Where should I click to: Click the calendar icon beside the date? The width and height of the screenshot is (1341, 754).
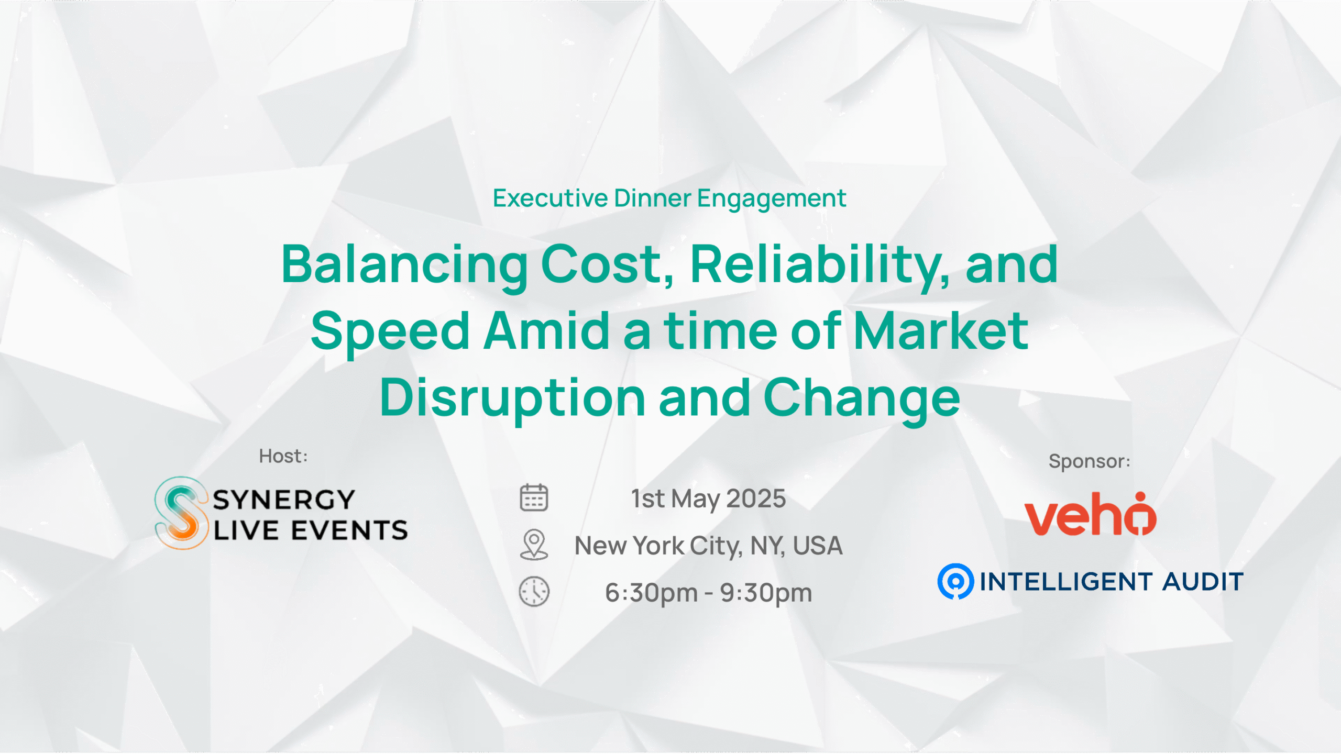click(534, 497)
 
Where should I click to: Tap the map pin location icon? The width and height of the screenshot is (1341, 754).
click(534, 545)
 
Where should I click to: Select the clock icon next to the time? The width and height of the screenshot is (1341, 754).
click(534, 592)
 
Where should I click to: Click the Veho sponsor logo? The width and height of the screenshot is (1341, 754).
click(1090, 514)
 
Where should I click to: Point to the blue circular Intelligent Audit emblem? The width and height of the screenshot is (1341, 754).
click(955, 581)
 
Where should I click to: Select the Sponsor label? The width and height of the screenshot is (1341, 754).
click(1090, 461)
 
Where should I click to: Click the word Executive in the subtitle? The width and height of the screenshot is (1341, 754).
click(551, 198)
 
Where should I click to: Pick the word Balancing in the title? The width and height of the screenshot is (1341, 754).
click(404, 265)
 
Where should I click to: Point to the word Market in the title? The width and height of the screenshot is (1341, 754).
click(941, 331)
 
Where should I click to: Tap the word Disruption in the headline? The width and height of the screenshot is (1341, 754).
click(512, 398)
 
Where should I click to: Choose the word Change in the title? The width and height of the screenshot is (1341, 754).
click(862, 398)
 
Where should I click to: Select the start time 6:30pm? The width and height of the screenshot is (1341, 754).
click(652, 593)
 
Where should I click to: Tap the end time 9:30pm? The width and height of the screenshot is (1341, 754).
click(766, 593)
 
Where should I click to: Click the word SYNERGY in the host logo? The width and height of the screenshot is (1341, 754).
click(284, 500)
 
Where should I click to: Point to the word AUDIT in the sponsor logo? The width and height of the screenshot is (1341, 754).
click(1203, 582)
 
